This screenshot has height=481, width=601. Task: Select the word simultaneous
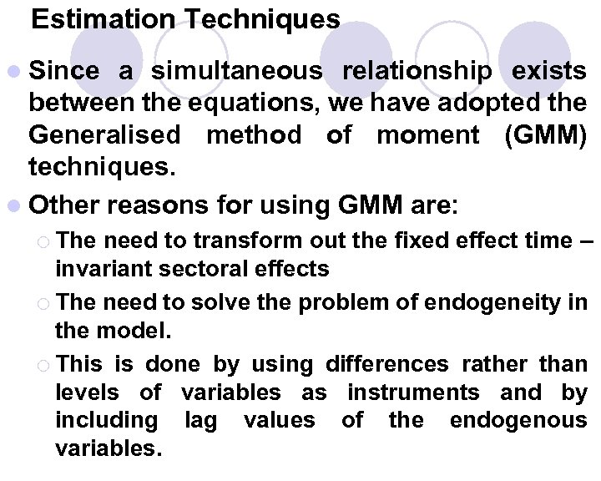click(x=236, y=72)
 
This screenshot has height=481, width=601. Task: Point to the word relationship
click(x=417, y=72)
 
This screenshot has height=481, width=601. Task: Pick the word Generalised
click(x=104, y=134)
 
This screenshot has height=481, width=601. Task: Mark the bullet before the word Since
click(x=17, y=73)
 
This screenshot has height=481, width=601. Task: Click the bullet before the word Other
click(x=17, y=205)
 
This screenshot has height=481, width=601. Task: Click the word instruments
click(x=413, y=392)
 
